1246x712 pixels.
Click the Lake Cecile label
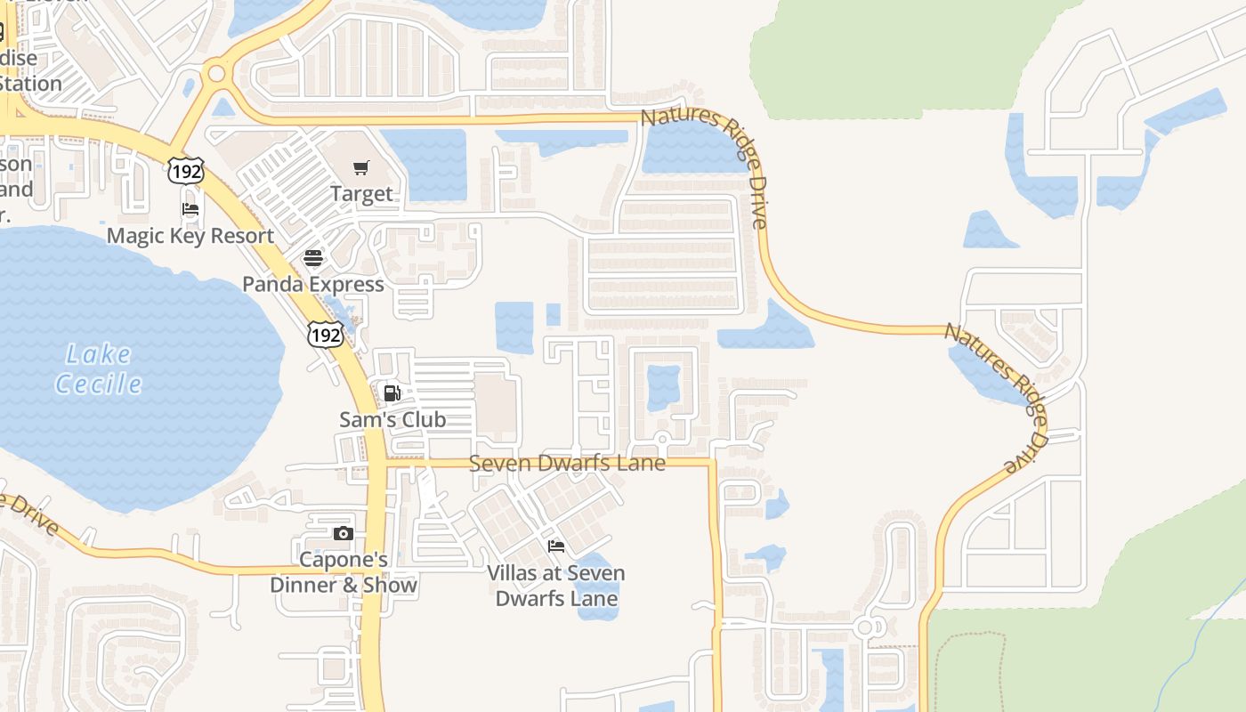[98, 368]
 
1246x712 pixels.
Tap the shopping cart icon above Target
[360, 167]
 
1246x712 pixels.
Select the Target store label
[360, 193]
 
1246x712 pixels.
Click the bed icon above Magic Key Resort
[190, 210]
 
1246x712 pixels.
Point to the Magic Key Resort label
[190, 236]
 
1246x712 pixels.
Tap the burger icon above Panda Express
[313, 258]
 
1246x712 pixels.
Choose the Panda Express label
[313, 284]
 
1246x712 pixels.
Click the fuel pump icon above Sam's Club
[392, 392]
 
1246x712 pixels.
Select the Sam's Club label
[392, 419]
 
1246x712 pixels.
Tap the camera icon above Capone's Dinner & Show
[343, 534]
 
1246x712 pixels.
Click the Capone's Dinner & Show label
[343, 572]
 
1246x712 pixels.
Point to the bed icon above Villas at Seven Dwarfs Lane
[556, 546]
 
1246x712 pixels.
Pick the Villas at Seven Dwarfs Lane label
[556, 585]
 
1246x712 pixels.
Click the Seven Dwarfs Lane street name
[567, 464]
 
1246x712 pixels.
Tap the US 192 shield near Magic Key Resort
[185, 170]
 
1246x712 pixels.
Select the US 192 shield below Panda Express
[325, 334]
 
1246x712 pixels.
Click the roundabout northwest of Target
[215, 75]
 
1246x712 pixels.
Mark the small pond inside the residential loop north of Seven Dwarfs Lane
[663, 387]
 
